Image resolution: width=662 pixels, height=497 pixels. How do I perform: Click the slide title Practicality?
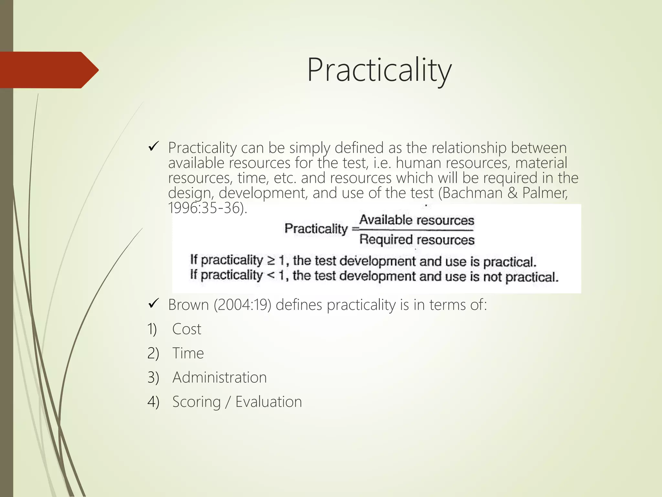(379, 70)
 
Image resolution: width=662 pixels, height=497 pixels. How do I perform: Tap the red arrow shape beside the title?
(48, 70)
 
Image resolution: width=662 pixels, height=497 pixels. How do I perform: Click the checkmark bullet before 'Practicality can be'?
(153, 148)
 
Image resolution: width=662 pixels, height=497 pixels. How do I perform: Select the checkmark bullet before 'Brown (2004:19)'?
(153, 304)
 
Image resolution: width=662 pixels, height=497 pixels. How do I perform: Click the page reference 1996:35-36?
(207, 208)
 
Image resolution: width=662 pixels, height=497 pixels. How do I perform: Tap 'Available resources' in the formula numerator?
(417, 220)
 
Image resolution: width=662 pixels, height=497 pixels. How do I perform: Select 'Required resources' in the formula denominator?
(417, 240)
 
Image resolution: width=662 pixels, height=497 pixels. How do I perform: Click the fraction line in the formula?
(417, 230)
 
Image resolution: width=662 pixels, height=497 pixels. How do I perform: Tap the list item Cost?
(187, 329)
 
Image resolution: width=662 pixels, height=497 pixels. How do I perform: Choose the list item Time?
(188, 353)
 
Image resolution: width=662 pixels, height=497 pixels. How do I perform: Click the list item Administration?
(219, 377)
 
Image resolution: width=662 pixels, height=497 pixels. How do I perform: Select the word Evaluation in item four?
(268, 402)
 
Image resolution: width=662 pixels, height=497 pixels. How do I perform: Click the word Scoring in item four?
(196, 402)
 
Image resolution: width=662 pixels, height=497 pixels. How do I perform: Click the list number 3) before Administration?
(153, 378)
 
